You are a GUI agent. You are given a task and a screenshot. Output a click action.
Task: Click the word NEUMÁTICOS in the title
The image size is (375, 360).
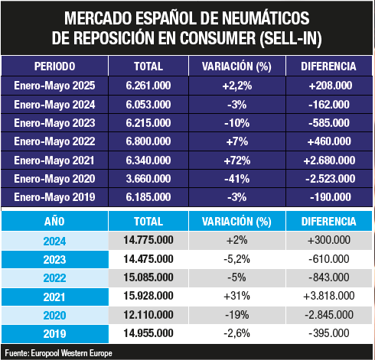tap(266, 18)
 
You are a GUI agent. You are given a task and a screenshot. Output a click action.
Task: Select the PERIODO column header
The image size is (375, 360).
tap(54, 66)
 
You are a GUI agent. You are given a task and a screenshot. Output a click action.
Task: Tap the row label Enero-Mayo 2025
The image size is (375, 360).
tap(54, 86)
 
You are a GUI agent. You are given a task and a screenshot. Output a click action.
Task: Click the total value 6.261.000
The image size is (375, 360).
tap(148, 86)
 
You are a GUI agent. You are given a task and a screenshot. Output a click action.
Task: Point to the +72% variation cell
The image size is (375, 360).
tap(237, 161)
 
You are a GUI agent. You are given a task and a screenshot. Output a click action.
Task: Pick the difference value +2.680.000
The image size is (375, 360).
tap(329, 161)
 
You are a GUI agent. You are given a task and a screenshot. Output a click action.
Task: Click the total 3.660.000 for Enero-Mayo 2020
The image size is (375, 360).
tap(148, 179)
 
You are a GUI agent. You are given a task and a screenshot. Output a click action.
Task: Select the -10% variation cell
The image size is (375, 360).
tap(237, 123)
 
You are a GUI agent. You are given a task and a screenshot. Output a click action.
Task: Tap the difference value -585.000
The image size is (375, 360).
tap(329, 123)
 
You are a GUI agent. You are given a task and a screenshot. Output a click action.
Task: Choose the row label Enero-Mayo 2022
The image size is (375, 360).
tap(54, 141)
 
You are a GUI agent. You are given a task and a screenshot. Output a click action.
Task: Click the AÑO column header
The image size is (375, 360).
tap(54, 222)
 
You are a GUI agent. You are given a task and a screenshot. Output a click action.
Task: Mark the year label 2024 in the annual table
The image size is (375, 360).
tap(54, 241)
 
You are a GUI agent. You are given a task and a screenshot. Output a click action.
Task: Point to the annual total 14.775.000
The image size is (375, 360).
tap(148, 240)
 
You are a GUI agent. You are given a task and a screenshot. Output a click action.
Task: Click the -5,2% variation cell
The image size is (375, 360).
tap(237, 259)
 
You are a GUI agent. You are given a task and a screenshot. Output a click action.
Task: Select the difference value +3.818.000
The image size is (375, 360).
tap(329, 296)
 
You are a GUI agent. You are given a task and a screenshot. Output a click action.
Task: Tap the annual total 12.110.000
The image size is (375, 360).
tap(148, 315)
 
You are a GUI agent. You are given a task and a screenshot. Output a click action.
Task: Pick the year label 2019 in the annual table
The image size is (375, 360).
tap(54, 334)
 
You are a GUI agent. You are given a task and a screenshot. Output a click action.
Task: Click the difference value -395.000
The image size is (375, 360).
tap(329, 333)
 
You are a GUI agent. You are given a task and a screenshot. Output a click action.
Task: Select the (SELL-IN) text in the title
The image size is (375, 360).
tap(291, 38)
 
